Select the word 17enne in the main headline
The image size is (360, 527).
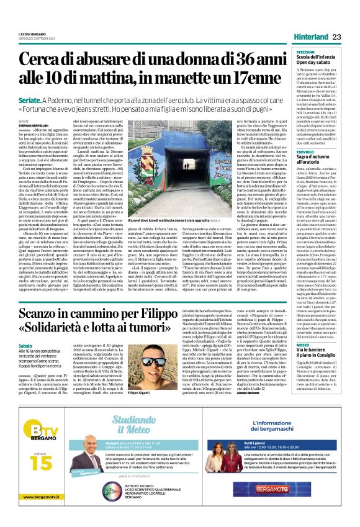251,78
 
